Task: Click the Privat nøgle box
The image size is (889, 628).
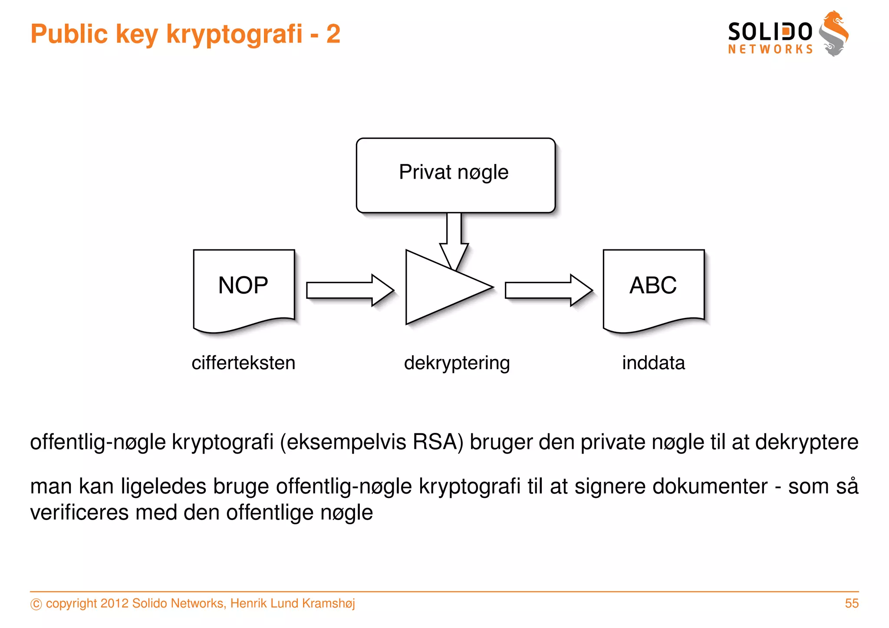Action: pyautogui.click(x=455, y=175)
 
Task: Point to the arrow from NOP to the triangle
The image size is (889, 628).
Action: pyautogui.click(x=349, y=290)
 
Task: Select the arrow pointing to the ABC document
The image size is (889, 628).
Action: pyautogui.click(x=548, y=290)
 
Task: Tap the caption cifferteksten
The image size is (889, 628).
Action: pyautogui.click(x=243, y=363)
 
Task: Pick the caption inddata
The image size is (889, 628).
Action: pyautogui.click(x=653, y=363)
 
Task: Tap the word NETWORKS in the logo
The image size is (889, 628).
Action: pyautogui.click(x=770, y=49)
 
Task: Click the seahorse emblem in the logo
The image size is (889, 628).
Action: pyautogui.click(x=834, y=34)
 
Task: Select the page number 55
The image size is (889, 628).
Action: pyautogui.click(x=851, y=603)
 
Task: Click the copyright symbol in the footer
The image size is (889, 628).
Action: pyautogui.click(x=36, y=604)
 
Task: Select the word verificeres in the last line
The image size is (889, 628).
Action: pyautogui.click(x=79, y=513)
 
